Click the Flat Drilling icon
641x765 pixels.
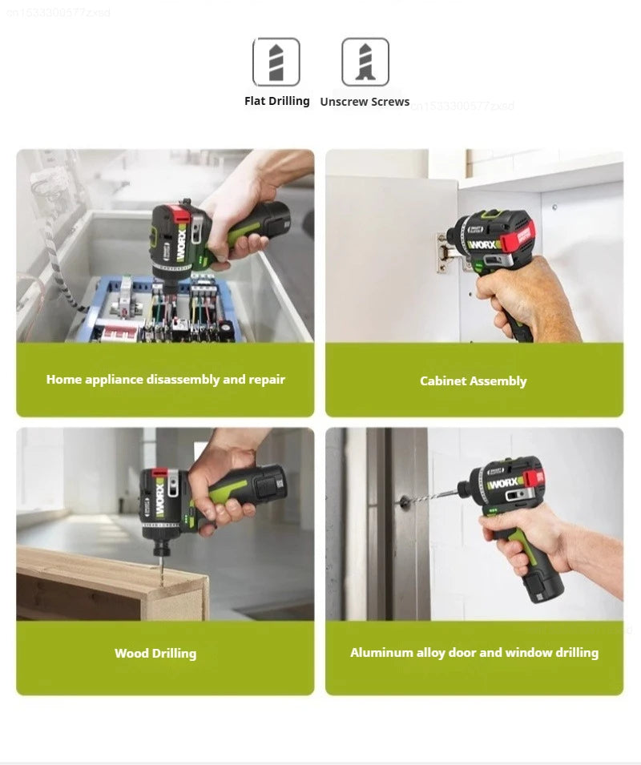tap(276, 62)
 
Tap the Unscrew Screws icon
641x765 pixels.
tap(365, 62)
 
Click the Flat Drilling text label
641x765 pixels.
tap(277, 101)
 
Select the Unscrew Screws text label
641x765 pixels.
tap(365, 102)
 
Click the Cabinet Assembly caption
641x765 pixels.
tap(474, 381)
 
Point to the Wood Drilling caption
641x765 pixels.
tap(155, 654)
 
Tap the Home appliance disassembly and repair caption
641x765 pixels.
tap(166, 380)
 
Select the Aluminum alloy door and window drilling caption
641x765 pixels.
tap(474, 653)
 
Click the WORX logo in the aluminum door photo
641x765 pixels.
tap(504, 484)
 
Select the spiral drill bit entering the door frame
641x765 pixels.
tap(432, 497)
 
